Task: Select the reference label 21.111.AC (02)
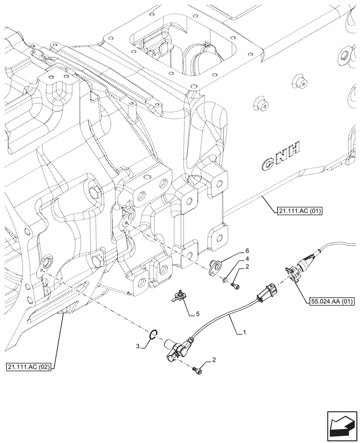tap(29, 367)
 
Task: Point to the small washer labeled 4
tap(226, 279)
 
